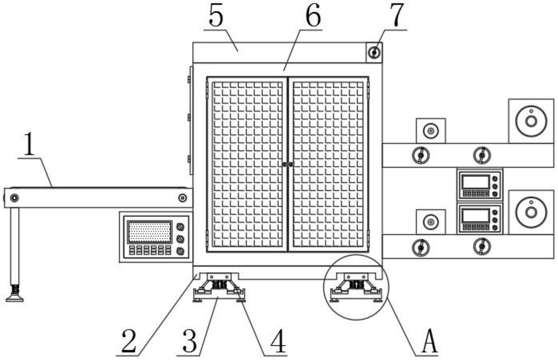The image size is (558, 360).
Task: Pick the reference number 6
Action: tap(312, 16)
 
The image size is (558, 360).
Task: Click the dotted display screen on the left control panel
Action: tap(149, 232)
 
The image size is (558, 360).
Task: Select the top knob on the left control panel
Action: tap(180, 227)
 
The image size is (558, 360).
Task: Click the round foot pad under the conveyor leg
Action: tap(15, 299)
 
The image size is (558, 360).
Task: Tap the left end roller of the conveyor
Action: tap(14, 198)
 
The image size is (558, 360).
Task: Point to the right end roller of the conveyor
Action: tap(182, 198)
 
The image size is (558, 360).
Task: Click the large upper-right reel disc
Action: tap(531, 121)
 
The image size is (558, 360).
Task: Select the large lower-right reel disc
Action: tap(531, 212)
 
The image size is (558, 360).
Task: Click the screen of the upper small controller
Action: tap(476, 182)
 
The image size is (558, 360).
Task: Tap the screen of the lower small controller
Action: tap(476, 216)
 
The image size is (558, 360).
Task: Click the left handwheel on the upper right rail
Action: tap(421, 155)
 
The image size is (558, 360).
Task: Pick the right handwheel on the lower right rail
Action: tap(482, 246)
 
